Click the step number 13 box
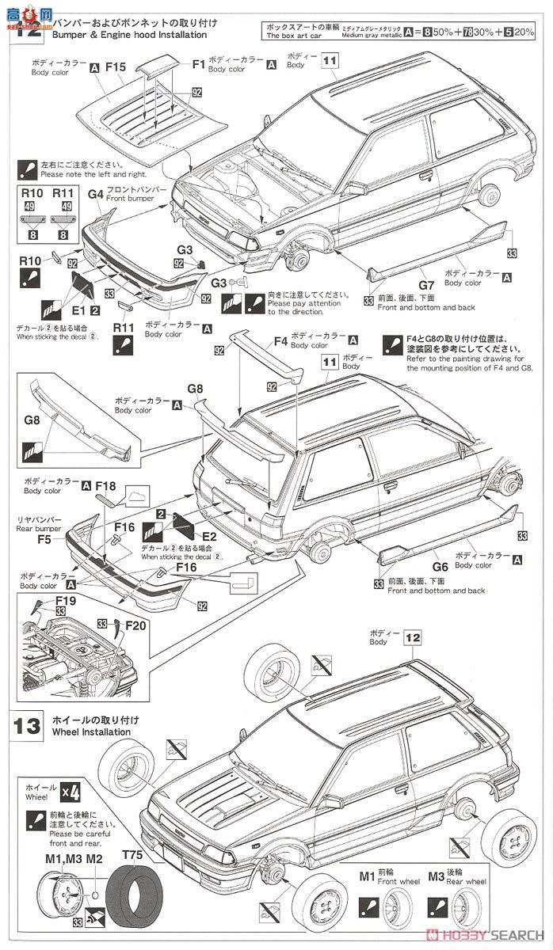(x=26, y=726)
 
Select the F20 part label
(x=135, y=625)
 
